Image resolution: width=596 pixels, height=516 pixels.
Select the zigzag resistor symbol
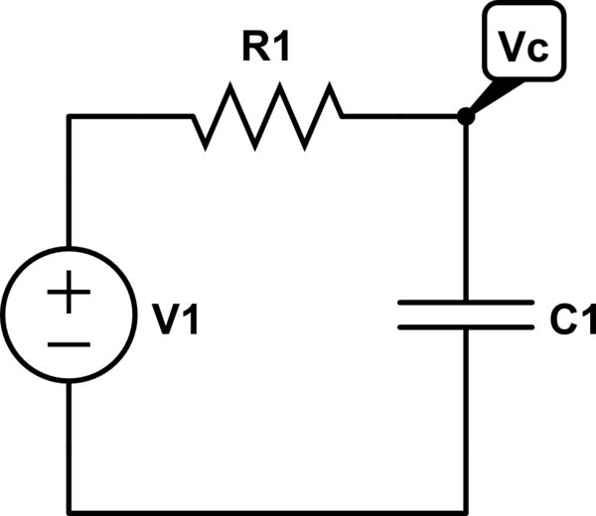click(x=268, y=117)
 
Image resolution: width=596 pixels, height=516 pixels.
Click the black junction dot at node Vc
click(x=465, y=117)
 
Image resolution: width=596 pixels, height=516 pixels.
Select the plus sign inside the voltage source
click(x=69, y=295)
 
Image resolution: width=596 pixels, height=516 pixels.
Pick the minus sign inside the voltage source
click(x=69, y=344)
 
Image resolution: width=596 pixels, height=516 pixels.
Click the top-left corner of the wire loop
click(x=69, y=117)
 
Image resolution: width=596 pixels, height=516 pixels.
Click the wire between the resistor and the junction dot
click(x=402, y=117)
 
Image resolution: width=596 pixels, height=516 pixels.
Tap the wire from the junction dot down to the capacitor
click(x=465, y=208)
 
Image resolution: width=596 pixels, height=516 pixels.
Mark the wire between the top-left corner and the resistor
click(x=129, y=117)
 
